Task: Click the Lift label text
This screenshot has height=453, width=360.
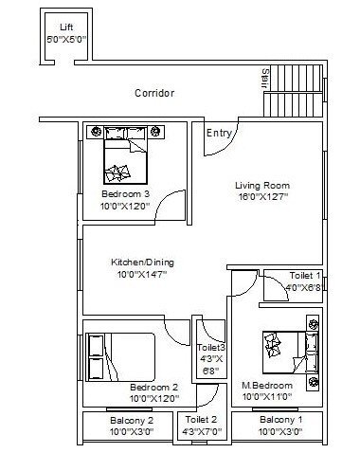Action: click(65, 27)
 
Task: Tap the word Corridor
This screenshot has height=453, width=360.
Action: click(154, 93)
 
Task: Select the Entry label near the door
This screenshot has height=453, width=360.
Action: click(219, 134)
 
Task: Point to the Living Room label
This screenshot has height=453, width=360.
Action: click(262, 185)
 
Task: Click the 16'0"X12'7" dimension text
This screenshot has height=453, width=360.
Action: click(262, 197)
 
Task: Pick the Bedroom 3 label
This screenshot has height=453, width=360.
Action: click(125, 194)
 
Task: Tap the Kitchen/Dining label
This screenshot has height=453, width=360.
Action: click(142, 263)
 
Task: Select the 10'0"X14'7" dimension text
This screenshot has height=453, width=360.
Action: click(142, 275)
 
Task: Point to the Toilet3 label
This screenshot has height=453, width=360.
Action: click(210, 347)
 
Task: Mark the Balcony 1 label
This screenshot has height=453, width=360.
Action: click(280, 420)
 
